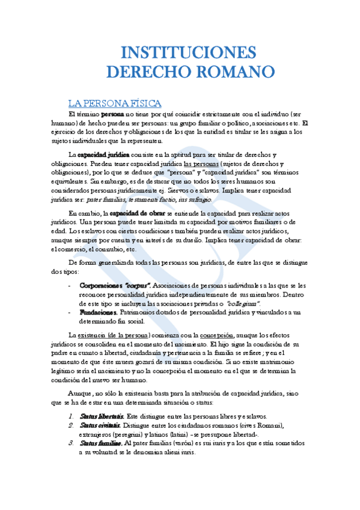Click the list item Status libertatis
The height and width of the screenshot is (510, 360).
pos(102,416)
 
